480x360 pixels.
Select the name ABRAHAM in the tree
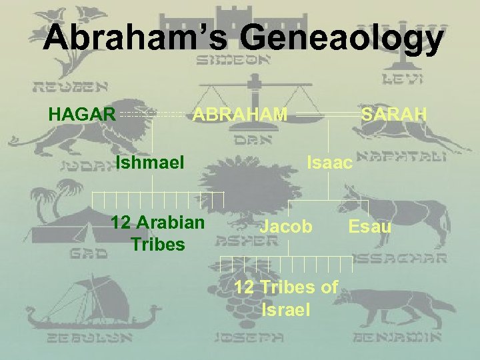tap(240, 115)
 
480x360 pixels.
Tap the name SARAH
tap(394, 115)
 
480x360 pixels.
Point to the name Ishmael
tap(151, 162)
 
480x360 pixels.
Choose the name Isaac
tap(329, 162)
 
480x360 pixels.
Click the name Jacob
tap(285, 227)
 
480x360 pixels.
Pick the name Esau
tap(370, 227)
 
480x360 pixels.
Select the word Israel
tap(287, 309)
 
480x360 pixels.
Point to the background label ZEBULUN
tap(60, 337)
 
